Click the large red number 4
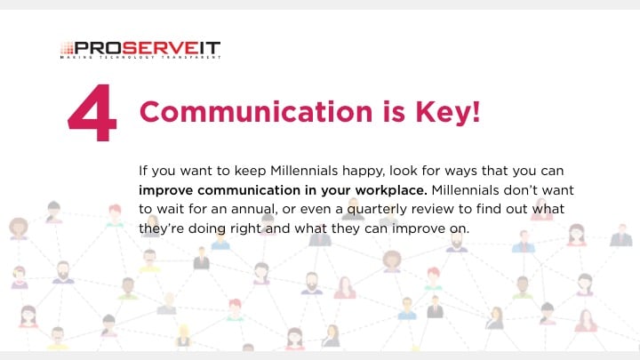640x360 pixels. (92, 112)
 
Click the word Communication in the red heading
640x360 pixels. (256, 111)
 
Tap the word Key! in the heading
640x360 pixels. (448, 111)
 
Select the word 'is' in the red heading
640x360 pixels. (394, 111)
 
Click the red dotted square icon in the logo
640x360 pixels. (67, 48)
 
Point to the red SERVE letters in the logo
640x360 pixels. (160, 48)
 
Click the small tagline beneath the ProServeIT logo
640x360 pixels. (140, 58)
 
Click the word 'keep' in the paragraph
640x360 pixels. (250, 171)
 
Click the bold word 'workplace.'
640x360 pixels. (391, 190)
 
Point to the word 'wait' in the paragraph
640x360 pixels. (166, 209)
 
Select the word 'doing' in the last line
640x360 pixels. (207, 228)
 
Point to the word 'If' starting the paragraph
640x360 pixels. (142, 171)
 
